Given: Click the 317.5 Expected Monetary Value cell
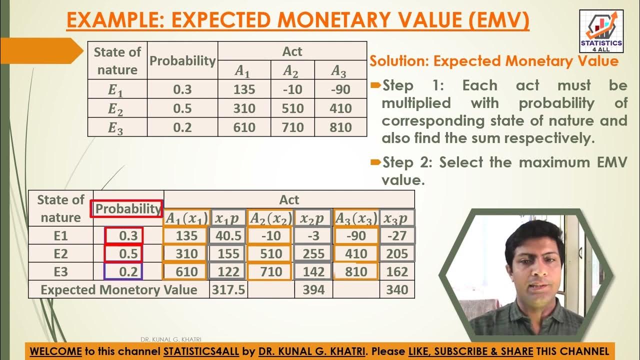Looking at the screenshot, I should [228, 289].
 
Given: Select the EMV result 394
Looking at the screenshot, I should [313, 289].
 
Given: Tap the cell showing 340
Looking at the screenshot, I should [397, 289].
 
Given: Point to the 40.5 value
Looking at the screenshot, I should [228, 235].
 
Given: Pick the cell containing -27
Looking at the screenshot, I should [397, 235].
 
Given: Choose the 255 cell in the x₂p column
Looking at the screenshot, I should [313, 253].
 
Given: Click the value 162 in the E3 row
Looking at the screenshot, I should [397, 271].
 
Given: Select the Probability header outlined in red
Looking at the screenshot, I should [127, 209].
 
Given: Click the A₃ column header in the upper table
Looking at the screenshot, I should [339, 71].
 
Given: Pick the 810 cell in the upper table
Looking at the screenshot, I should [341, 127].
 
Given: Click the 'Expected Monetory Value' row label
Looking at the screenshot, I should [118, 289].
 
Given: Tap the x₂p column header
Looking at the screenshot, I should [313, 217].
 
